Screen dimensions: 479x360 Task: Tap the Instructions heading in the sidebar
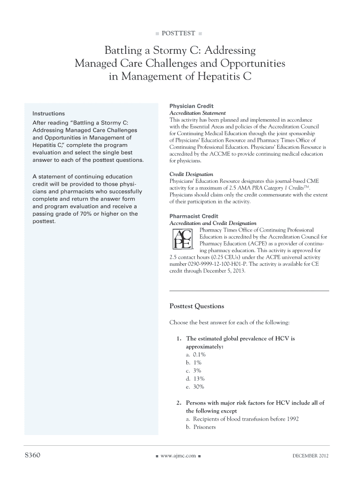(49, 114)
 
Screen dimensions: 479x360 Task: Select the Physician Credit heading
(191, 106)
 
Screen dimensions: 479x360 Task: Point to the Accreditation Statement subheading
(197, 113)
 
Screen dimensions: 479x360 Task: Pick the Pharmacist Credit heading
(194, 217)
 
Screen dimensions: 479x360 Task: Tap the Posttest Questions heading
(196, 306)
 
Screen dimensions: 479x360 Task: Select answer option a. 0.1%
(195, 355)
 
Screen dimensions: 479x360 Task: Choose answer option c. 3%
(194, 370)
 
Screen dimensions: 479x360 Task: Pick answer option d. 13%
(195, 378)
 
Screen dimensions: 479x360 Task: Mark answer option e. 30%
(195, 386)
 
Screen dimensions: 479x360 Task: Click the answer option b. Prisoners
(201, 427)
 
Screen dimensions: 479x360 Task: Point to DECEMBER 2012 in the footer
(310, 456)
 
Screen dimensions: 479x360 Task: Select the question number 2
(179, 403)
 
